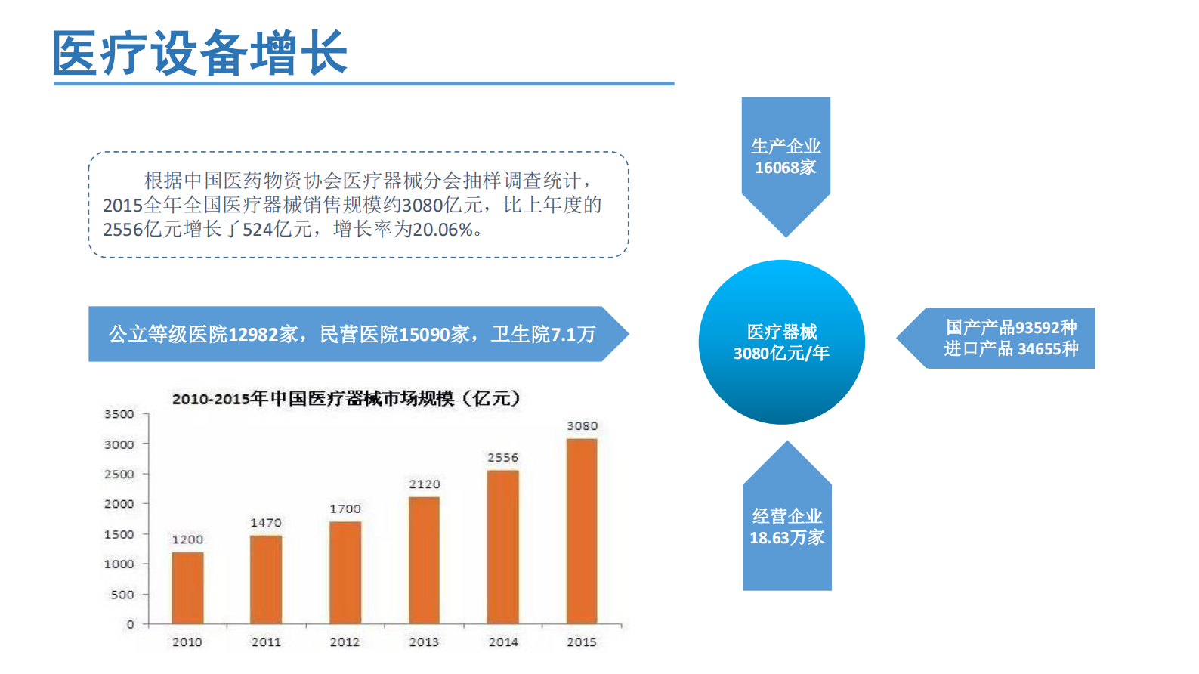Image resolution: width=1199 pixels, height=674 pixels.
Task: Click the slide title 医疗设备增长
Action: [200, 53]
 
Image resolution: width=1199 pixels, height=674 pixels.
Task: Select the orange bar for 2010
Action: [187, 588]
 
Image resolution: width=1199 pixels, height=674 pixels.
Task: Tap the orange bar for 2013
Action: [424, 560]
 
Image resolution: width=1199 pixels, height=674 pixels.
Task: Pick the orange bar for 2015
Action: [582, 531]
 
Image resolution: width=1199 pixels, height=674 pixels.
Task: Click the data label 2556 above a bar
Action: [502, 458]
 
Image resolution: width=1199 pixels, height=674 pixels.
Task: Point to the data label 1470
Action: [266, 523]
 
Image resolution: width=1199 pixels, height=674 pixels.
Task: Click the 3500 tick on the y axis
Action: [119, 414]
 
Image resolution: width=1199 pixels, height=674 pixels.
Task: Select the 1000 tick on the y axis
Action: [119, 564]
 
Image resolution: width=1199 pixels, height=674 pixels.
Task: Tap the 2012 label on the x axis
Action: [345, 642]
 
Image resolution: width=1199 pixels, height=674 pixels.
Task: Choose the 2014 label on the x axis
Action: [503, 642]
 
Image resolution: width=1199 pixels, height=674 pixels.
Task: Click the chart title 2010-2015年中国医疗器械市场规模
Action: [345, 398]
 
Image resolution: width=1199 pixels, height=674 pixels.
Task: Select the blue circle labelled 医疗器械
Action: [782, 342]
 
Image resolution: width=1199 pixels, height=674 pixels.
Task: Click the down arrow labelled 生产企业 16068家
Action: [786, 159]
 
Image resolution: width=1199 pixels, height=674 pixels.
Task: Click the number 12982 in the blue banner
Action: [253, 335]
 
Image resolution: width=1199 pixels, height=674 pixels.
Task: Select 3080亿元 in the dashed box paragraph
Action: [442, 206]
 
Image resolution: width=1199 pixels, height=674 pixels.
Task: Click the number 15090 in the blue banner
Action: [425, 335]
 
